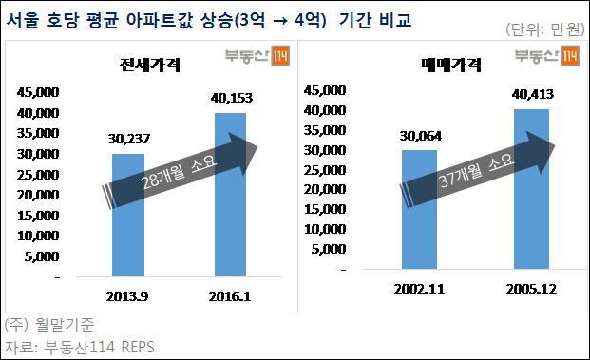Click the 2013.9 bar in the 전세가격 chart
pyautogui.click(x=128, y=216)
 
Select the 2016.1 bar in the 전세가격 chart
pyautogui.click(x=230, y=195)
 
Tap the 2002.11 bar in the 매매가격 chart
pyautogui.click(x=419, y=210)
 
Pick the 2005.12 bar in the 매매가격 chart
pyautogui.click(x=531, y=189)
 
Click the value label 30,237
pyautogui.click(x=128, y=139)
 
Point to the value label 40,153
pyautogui.click(x=232, y=98)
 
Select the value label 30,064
pyautogui.click(x=420, y=136)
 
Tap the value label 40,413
pyautogui.click(x=532, y=94)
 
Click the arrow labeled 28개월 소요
pyautogui.click(x=180, y=170)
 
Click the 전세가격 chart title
pyautogui.click(x=150, y=65)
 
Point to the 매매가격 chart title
pyautogui.click(x=451, y=65)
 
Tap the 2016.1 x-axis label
pyautogui.click(x=230, y=296)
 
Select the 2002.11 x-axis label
pyautogui.click(x=419, y=289)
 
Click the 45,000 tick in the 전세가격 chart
pyautogui.click(x=38, y=92)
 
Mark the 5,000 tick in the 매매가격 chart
pyautogui.click(x=329, y=249)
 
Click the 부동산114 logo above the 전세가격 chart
pyautogui.click(x=257, y=56)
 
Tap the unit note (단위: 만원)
pyautogui.click(x=545, y=28)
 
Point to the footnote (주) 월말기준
pyautogui.click(x=49, y=325)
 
